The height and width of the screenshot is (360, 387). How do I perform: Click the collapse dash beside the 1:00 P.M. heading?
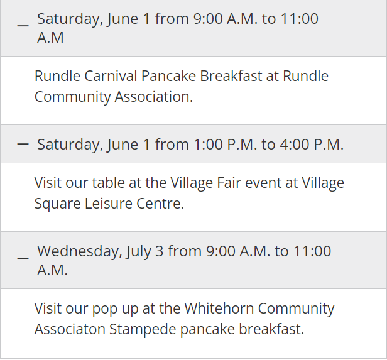click(x=23, y=144)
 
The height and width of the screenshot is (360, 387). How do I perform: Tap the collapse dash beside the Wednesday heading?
click(x=23, y=258)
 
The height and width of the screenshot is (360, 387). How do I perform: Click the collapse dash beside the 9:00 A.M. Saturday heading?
click(x=23, y=25)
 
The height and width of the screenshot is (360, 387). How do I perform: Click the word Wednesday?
click(x=80, y=252)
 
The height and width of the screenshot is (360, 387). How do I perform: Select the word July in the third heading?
click(x=138, y=252)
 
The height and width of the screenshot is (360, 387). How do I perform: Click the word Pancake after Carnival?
click(x=168, y=76)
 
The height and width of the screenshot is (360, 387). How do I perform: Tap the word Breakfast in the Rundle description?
click(x=231, y=76)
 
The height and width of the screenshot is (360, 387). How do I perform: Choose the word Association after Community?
click(x=153, y=97)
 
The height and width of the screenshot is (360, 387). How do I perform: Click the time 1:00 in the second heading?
click(x=208, y=144)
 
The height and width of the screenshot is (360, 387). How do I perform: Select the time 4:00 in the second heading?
click(x=295, y=144)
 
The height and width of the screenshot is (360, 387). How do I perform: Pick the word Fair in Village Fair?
click(x=229, y=183)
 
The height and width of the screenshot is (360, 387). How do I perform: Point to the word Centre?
click(x=160, y=204)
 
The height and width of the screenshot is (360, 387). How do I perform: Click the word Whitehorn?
click(x=219, y=308)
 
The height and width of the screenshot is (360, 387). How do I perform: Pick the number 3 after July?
click(x=159, y=251)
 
